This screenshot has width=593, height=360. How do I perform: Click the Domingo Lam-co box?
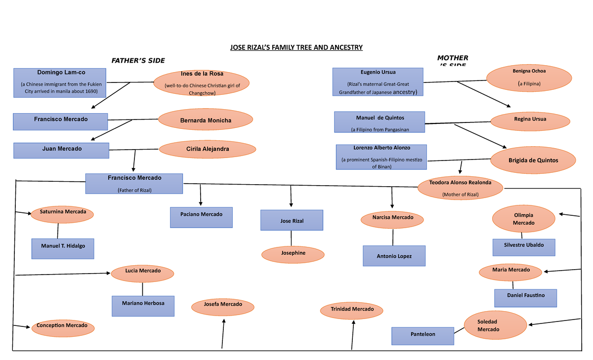click(60, 81)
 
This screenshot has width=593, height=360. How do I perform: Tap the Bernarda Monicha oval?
click(206, 120)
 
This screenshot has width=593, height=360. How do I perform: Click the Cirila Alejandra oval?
click(207, 149)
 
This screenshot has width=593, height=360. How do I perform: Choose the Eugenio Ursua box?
click(378, 81)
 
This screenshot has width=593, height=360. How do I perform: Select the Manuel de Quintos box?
click(380, 122)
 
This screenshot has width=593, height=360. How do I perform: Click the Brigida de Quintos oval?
click(533, 160)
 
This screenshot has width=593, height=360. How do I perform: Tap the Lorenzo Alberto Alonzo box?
click(381, 157)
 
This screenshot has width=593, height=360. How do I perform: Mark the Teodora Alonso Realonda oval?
click(460, 188)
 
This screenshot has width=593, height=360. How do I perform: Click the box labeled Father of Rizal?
click(134, 183)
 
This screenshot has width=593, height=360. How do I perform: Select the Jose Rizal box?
click(292, 220)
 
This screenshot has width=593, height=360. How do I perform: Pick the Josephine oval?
click(293, 253)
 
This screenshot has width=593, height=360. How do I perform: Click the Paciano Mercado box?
click(201, 217)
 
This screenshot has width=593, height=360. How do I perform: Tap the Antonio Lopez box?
click(394, 256)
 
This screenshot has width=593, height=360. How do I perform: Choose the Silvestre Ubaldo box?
click(524, 247)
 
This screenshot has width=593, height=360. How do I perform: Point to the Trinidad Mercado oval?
click(352, 310)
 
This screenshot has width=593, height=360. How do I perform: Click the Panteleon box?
click(423, 336)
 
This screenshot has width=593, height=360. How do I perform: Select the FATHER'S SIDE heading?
click(138, 60)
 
